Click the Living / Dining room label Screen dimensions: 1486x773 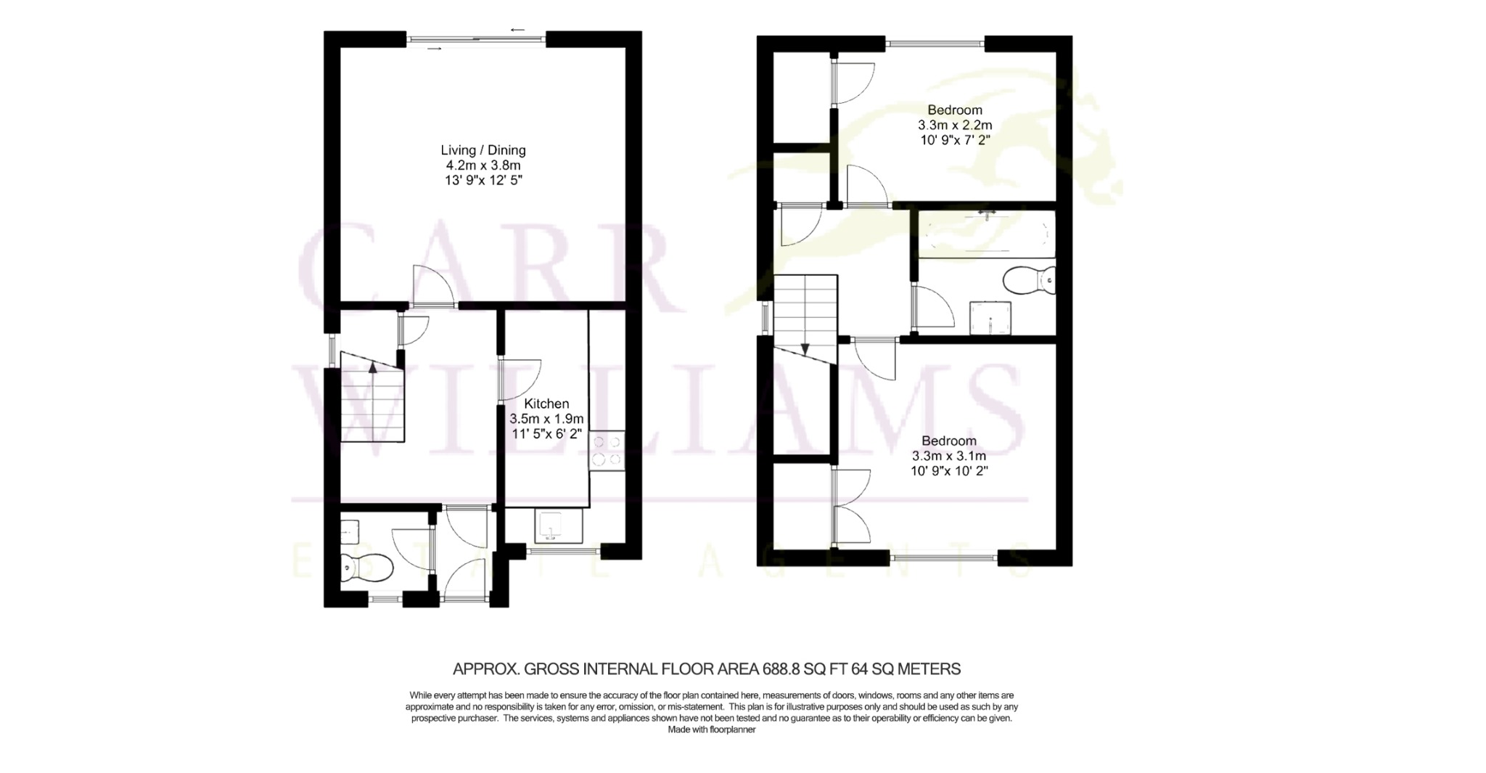click(x=483, y=150)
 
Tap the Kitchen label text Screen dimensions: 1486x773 click(x=546, y=404)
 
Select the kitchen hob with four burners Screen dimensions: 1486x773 click(x=607, y=451)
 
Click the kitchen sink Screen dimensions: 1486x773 click(x=558, y=526)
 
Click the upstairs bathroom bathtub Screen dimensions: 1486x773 click(x=986, y=234)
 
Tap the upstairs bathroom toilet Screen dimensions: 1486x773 click(x=1029, y=279)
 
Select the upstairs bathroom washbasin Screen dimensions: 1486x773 click(x=990, y=318)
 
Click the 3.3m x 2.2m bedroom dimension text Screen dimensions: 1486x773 click(x=955, y=125)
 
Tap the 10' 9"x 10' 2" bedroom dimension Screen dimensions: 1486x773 click(x=950, y=471)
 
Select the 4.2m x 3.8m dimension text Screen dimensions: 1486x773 click(x=483, y=165)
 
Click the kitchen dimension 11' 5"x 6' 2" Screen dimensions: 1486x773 click(x=546, y=434)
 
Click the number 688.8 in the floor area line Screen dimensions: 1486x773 click(x=780, y=668)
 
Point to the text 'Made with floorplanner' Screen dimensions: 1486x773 click(x=712, y=729)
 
